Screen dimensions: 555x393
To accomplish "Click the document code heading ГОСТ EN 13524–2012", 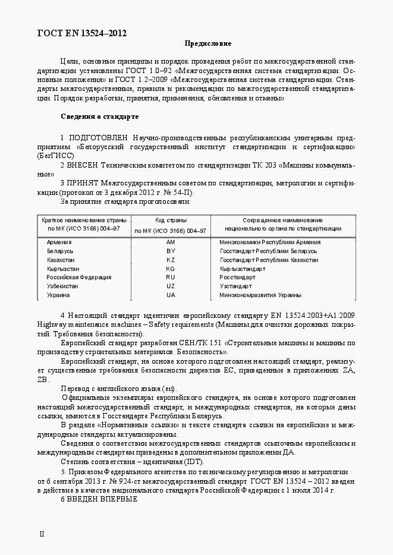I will pos(83,33).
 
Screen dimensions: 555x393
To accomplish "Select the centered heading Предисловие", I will pos(207,44).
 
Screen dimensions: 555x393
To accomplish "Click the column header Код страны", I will pos(170,220).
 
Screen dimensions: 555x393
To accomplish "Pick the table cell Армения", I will pos(59,242).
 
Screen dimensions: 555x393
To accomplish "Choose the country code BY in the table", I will pos(171,251).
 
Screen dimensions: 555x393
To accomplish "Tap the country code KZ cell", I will pos(171,260).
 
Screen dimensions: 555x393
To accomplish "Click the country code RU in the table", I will pos(171,277).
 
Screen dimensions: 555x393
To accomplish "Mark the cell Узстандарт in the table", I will pos(235,286).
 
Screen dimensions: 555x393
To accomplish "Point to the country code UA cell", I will pos(171,295).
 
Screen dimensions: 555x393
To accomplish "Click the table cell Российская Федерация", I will pos(71,277).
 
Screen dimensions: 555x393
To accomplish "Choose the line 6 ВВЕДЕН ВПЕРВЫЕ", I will pos(99,499).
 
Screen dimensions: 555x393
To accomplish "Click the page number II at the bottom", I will pos(42,535).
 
